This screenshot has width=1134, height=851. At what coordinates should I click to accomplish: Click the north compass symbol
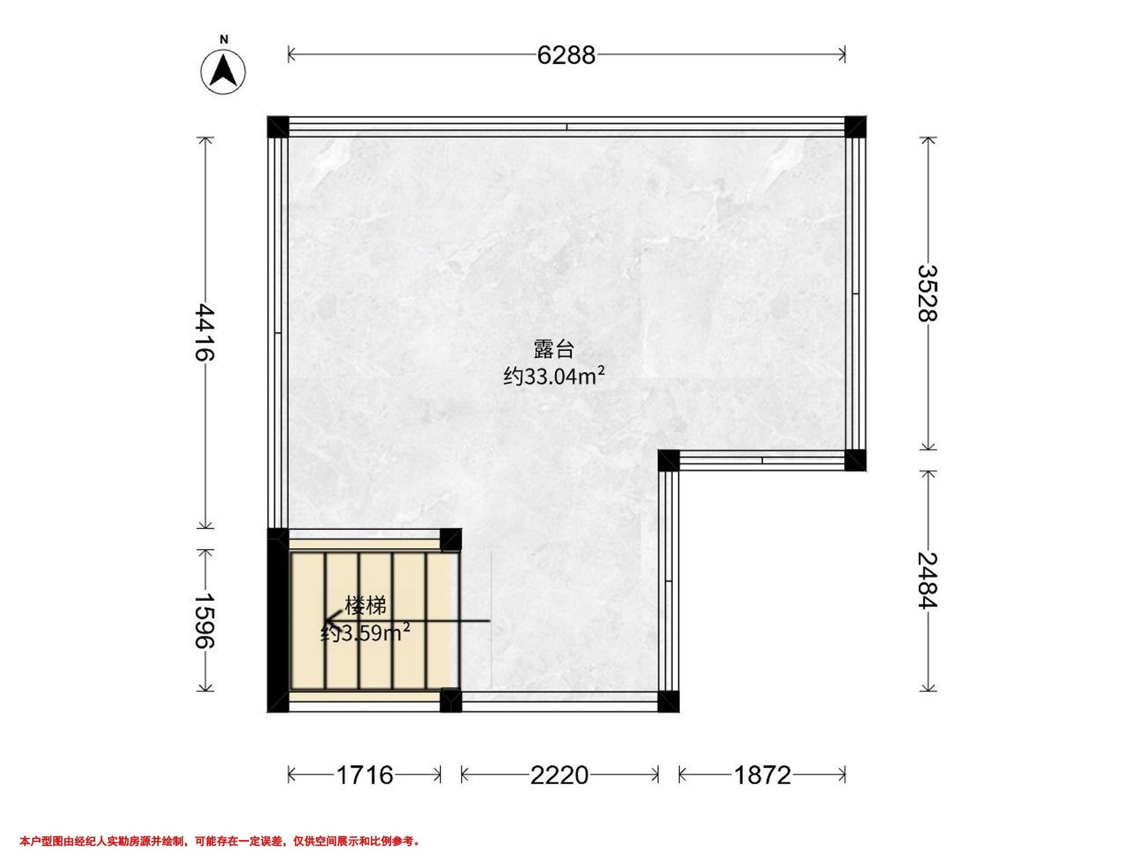click(x=223, y=72)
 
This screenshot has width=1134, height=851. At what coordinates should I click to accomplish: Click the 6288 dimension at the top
click(x=566, y=55)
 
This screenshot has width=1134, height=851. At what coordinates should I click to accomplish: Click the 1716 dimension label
click(x=364, y=776)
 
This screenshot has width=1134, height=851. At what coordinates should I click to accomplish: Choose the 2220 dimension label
click(x=559, y=776)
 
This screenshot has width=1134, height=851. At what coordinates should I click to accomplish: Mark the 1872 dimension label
click(x=762, y=776)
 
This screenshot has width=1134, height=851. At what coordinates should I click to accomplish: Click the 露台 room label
click(x=554, y=350)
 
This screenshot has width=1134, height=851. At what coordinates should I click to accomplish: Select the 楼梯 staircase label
click(x=365, y=607)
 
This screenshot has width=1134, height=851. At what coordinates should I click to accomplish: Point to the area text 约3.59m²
click(x=365, y=634)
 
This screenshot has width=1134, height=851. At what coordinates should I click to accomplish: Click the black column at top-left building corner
click(x=278, y=127)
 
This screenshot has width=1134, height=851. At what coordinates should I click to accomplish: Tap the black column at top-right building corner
click(x=855, y=127)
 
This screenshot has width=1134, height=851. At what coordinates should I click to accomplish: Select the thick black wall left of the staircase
click(x=278, y=620)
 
